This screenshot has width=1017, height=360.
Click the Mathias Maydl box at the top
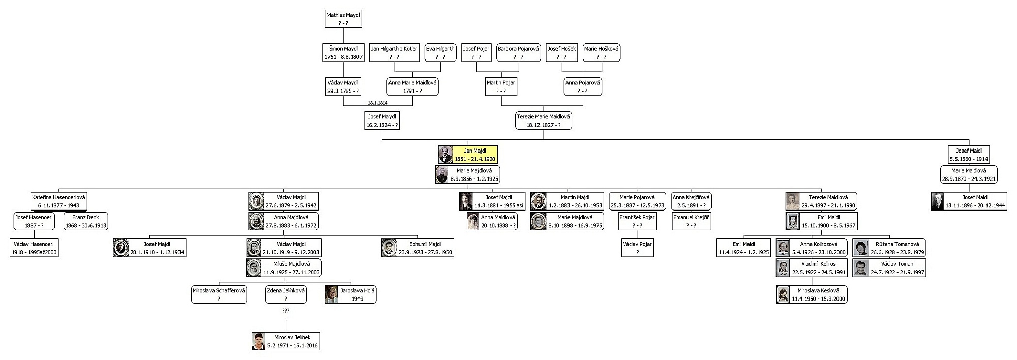343,19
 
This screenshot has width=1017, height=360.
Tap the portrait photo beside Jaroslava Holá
332,295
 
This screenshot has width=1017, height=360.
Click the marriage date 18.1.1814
377,103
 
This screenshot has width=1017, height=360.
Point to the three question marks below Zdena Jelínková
285,310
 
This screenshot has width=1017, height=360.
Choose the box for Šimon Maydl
343,53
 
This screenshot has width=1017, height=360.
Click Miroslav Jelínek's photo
259,341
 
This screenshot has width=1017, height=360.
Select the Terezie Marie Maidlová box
543,121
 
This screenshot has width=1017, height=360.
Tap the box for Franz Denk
85,221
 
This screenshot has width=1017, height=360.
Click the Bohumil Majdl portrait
388,248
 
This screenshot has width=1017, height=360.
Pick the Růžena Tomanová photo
860,248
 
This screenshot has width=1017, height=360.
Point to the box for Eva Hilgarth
440,53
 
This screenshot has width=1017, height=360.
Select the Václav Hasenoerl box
34,248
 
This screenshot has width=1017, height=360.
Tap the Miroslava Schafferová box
219,295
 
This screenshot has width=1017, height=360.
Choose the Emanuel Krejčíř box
691,221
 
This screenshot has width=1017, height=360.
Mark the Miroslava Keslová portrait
783,295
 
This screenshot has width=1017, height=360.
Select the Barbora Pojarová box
518,53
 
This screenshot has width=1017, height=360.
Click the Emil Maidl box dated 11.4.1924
743,248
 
